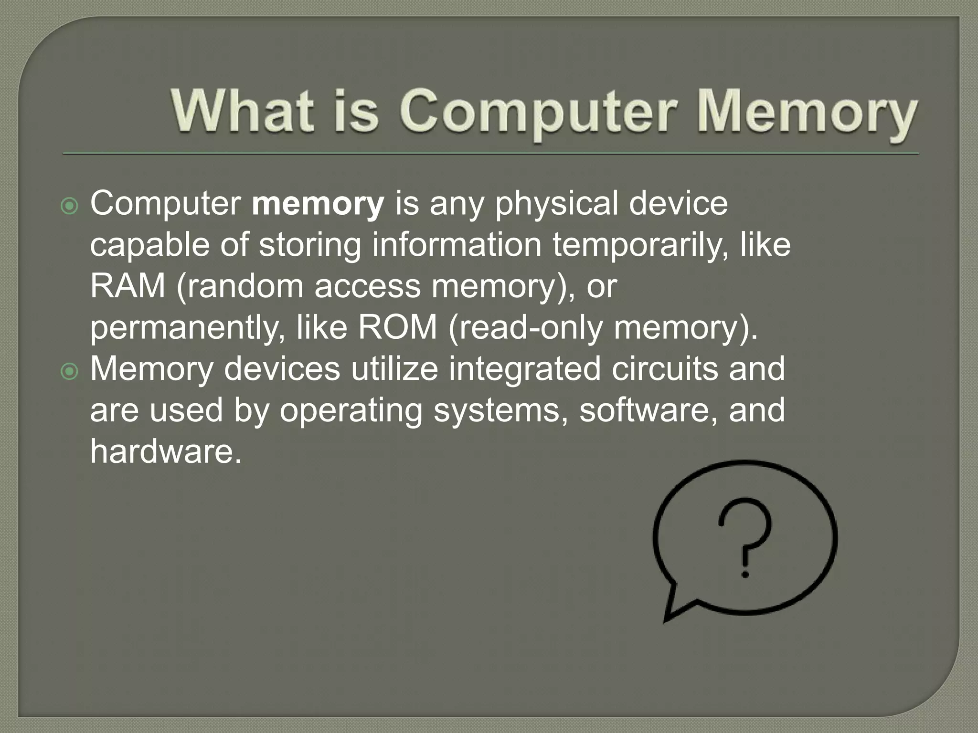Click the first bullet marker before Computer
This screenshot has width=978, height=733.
(70, 206)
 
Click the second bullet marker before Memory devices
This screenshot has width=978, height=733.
(70, 371)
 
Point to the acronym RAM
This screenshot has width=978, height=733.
(128, 286)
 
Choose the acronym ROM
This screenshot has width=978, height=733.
(397, 327)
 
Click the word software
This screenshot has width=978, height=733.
(648, 410)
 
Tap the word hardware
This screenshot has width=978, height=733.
(165, 451)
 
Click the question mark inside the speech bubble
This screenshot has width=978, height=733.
(745, 530)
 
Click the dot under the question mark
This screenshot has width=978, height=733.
(745, 575)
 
